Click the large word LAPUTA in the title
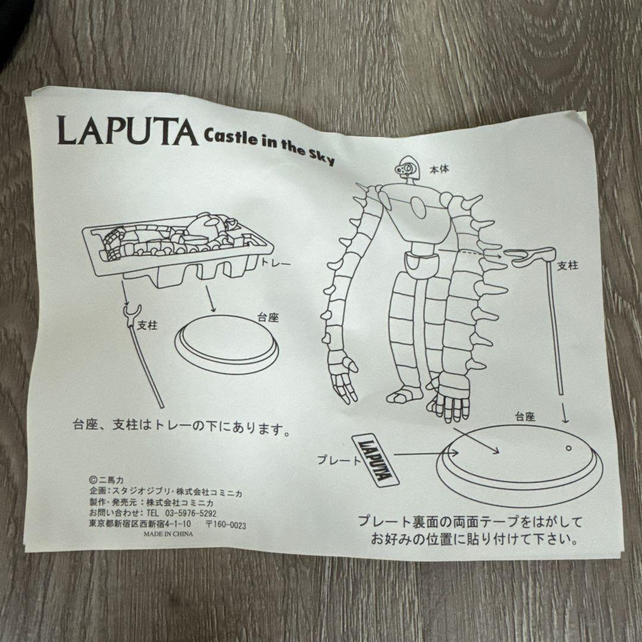tap(127, 131)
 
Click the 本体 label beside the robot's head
tap(439, 169)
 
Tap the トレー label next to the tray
tap(276, 263)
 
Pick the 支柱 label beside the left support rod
tap(147, 326)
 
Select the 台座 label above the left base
tap(267, 317)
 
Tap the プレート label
tap(339, 460)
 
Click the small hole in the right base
tap(568, 448)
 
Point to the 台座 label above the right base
tap(525, 417)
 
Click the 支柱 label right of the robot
tap(568, 266)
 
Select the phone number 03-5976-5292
tap(190, 513)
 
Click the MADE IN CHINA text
tap(168, 534)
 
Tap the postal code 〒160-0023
tap(226, 525)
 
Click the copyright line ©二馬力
tap(105, 480)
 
